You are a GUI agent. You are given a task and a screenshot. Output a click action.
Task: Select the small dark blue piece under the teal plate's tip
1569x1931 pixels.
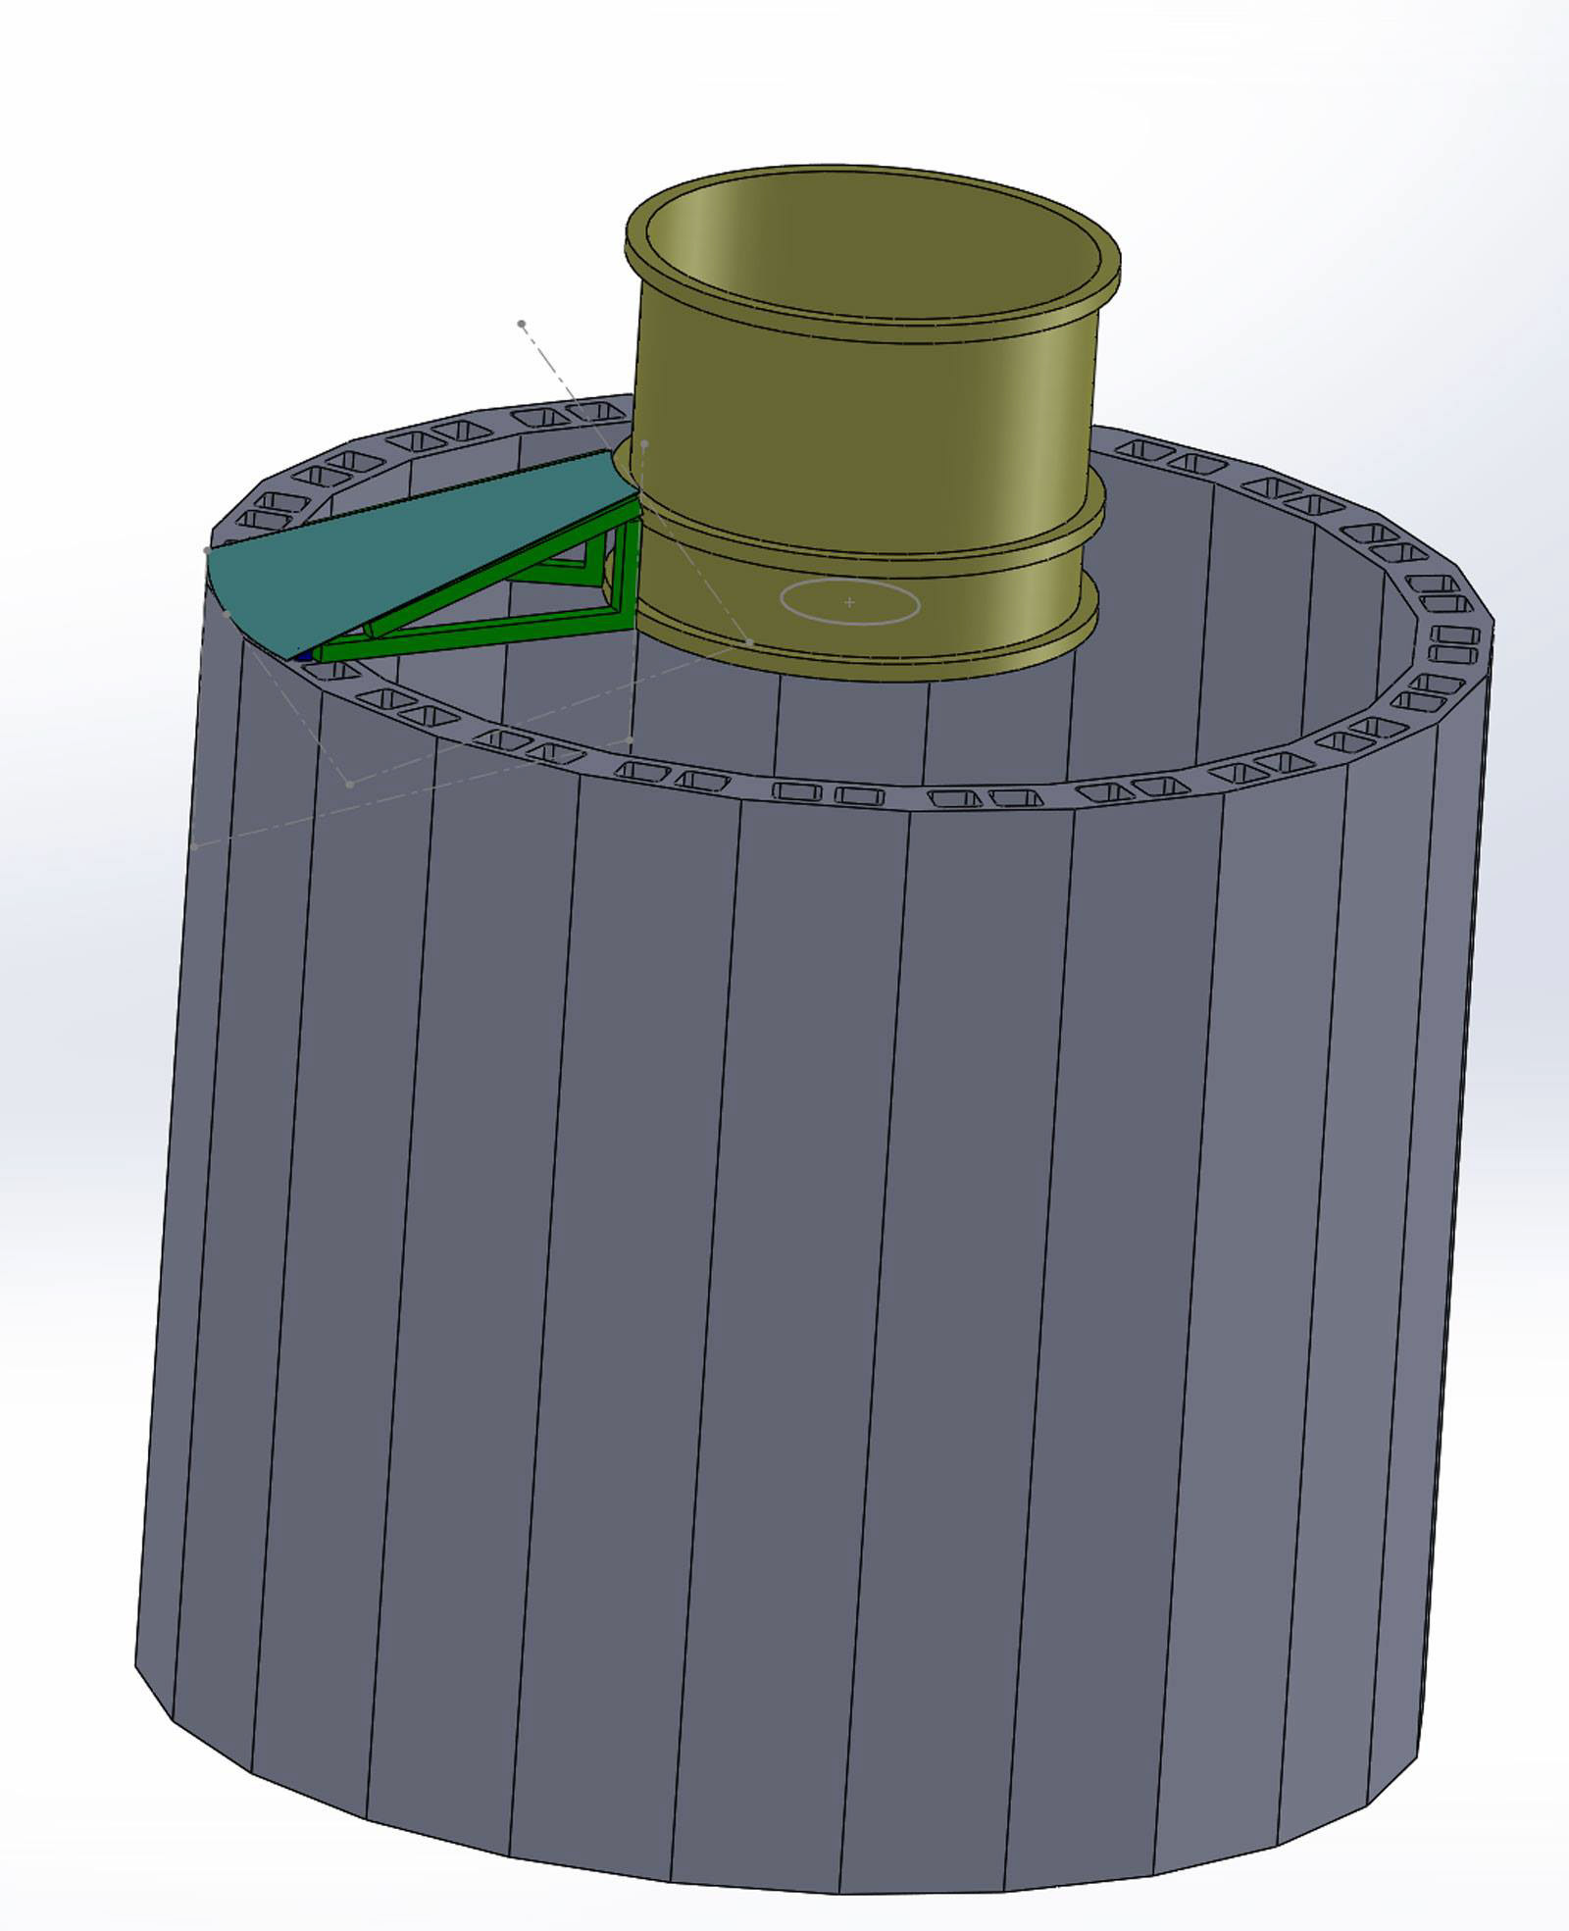pos(305,655)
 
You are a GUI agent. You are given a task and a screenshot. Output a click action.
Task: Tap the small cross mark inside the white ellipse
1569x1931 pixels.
pos(849,602)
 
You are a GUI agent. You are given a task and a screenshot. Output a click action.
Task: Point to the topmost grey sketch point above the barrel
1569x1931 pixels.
pos(522,323)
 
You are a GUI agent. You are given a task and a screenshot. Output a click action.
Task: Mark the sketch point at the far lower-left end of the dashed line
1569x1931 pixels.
pos(195,844)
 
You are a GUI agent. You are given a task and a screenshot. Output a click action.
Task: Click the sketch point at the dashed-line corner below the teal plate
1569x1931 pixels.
pos(350,784)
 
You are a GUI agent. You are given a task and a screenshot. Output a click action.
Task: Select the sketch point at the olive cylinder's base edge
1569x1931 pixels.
pos(750,641)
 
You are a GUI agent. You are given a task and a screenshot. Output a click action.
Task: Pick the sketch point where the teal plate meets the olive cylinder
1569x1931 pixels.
pos(644,444)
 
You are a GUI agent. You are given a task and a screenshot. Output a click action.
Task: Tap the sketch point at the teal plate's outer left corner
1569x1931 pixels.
pos(207,551)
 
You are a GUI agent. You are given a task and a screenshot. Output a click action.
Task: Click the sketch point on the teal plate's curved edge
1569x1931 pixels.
pos(228,613)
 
